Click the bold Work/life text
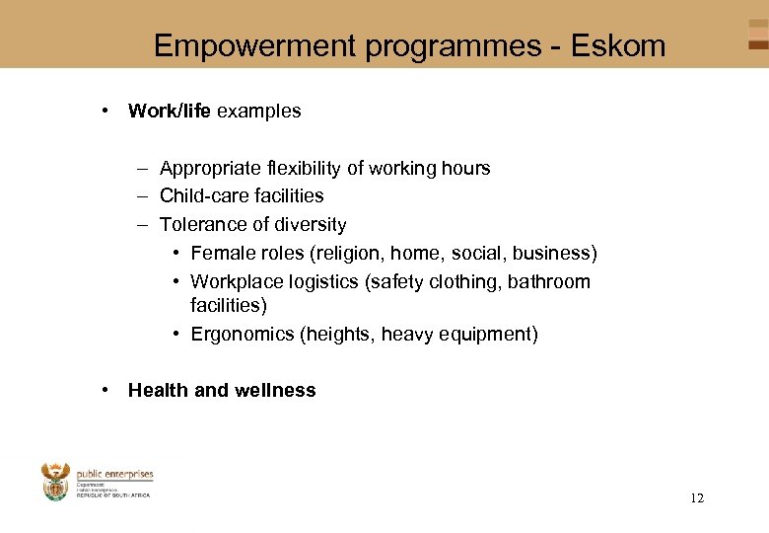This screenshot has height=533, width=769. tap(169, 112)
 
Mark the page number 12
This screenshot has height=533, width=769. tap(697, 498)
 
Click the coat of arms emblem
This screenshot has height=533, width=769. tap(55, 483)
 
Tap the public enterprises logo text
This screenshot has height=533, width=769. tap(114, 475)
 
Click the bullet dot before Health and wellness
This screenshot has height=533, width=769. tap(105, 390)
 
